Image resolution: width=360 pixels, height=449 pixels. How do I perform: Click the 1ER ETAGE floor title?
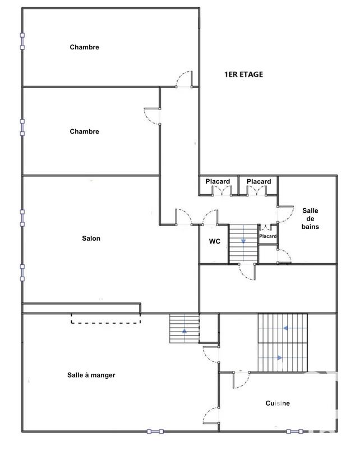pyautogui.click(x=243, y=74)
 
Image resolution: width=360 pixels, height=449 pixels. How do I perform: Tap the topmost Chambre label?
pyautogui.click(x=84, y=47)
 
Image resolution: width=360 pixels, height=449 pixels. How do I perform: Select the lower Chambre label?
pyautogui.click(x=84, y=131)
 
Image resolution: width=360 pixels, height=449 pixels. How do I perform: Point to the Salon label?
pyautogui.click(x=91, y=239)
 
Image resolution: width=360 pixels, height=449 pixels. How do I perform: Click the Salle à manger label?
pyautogui.click(x=87, y=375)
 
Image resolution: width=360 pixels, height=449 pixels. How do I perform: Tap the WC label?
pyautogui.click(x=214, y=242)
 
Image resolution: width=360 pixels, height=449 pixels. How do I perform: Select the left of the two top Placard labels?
pyautogui.click(x=217, y=181)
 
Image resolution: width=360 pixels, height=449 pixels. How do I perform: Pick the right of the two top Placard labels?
pyautogui.click(x=259, y=181)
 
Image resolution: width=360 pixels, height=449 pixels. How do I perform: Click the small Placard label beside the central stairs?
pyautogui.click(x=267, y=236)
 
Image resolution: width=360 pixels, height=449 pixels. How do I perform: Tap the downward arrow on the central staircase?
pyautogui.click(x=244, y=240)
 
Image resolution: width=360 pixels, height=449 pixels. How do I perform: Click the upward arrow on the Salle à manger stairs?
pyautogui.click(x=184, y=330)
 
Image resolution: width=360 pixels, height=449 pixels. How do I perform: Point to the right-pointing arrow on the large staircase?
pyautogui.click(x=278, y=357)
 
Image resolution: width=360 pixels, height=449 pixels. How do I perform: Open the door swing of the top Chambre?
pyautogui.click(x=183, y=80)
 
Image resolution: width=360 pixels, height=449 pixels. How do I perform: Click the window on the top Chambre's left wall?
pyautogui.click(x=22, y=41)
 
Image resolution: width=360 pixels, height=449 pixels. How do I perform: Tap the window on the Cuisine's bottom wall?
pyautogui.click(x=295, y=432)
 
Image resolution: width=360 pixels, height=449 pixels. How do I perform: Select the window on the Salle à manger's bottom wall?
pyautogui.click(x=155, y=432)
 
